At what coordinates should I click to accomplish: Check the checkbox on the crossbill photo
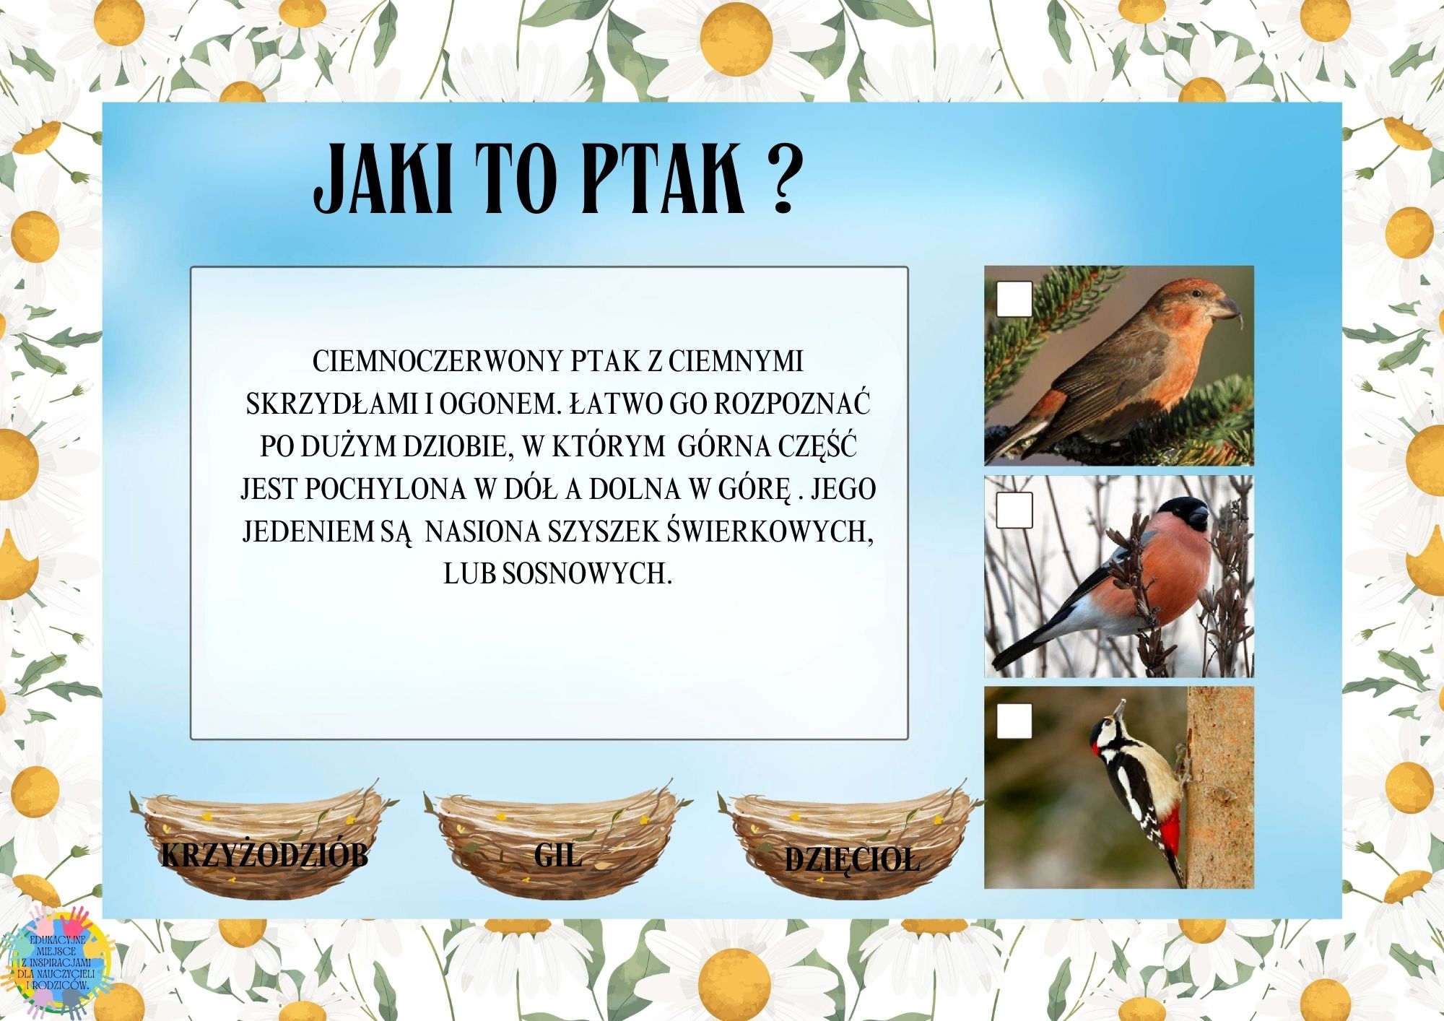(1014, 298)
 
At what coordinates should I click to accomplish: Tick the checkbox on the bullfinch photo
(1014, 510)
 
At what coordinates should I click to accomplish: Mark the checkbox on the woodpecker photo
(1014, 721)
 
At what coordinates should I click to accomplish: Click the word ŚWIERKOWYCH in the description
(770, 531)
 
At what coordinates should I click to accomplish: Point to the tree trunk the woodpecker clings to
(1220, 787)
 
